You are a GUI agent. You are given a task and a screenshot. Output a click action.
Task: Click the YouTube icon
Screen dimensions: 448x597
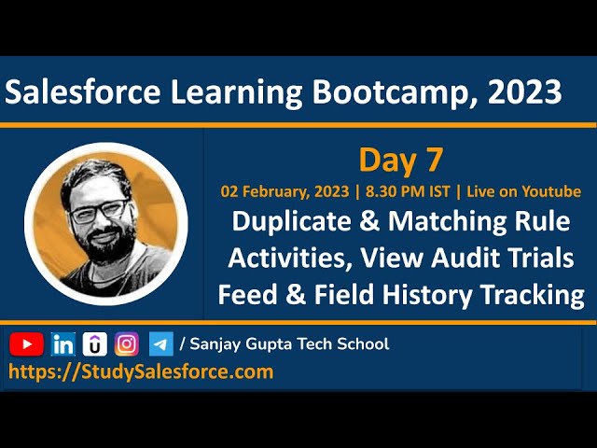click(26, 344)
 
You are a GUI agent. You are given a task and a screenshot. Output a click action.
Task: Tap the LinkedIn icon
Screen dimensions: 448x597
click(63, 344)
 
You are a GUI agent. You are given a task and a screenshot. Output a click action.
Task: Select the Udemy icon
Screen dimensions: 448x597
click(94, 344)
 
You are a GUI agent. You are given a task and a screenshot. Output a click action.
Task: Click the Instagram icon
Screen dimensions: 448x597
click(127, 344)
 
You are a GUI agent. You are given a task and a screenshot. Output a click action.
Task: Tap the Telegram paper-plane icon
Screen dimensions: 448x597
click(160, 344)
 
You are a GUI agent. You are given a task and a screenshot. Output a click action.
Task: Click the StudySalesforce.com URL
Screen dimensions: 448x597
click(141, 371)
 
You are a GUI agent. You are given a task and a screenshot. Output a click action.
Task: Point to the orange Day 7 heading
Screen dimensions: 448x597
click(400, 161)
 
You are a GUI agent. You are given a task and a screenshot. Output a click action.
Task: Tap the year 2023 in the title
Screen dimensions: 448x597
click(525, 92)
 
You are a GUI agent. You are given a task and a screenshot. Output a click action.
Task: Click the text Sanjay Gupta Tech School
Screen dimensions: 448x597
click(289, 344)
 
